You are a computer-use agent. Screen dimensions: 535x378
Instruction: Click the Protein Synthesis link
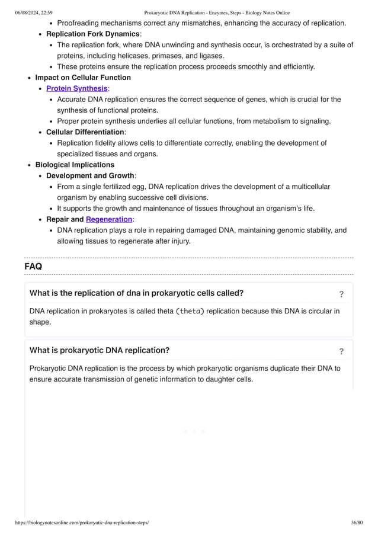tap(77, 88)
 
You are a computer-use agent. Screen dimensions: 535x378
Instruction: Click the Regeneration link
tap(109, 219)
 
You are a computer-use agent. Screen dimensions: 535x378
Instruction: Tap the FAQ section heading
tap(33, 267)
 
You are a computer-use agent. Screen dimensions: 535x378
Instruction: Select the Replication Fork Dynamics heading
tap(92, 34)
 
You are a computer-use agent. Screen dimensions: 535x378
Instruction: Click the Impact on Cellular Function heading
tap(83, 78)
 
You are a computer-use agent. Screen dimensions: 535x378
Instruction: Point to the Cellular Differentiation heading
tap(85, 132)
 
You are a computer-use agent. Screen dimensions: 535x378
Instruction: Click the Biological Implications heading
tap(75, 165)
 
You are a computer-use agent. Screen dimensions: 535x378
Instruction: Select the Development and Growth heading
tap(91, 175)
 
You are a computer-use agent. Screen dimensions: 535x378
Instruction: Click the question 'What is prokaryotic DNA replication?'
tap(100, 350)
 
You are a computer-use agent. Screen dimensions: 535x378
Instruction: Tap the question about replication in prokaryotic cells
tap(136, 293)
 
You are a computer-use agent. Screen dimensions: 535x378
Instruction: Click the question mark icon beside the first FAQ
tap(341, 294)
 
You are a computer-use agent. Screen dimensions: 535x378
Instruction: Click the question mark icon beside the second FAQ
tap(341, 351)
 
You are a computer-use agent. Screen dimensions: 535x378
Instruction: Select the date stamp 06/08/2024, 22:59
tap(34, 12)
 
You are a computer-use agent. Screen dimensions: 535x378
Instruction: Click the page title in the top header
tap(217, 12)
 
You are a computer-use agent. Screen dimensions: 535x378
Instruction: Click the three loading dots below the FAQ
tap(194, 431)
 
